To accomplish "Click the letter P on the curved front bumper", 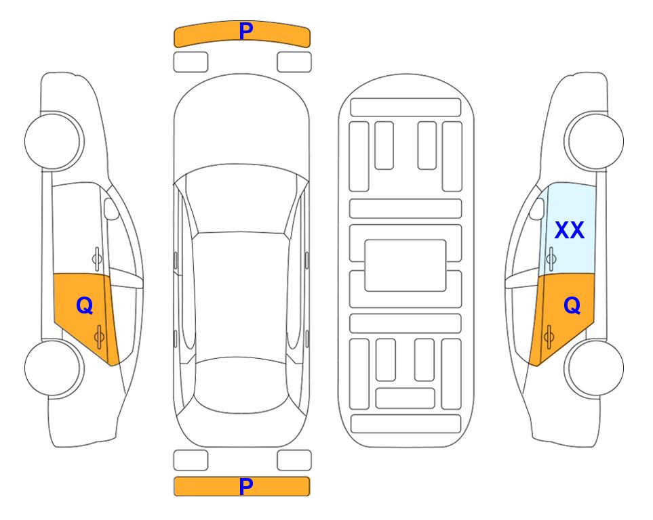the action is [x=245, y=31].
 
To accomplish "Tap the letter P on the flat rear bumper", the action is [x=245, y=486].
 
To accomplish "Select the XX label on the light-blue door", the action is [x=570, y=230].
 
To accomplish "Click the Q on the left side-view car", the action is [x=85, y=306].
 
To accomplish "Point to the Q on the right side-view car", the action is [x=572, y=306].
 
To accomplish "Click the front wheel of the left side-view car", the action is [x=54, y=141].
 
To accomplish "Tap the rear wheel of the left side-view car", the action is [x=54, y=368].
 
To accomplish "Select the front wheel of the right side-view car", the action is [x=594, y=141].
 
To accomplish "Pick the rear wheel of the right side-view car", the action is [x=594, y=368].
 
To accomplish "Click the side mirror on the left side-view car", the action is [x=111, y=209].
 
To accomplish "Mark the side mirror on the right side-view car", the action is [x=537, y=209].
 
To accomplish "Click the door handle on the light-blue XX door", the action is [x=551, y=259].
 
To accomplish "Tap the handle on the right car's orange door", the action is [x=549, y=337].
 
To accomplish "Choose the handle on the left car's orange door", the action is [x=99, y=337].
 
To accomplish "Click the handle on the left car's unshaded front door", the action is [x=97, y=259].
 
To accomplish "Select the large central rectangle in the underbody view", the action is [x=405, y=265].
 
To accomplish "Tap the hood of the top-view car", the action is [x=241, y=125].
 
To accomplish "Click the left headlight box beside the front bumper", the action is [x=191, y=62].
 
